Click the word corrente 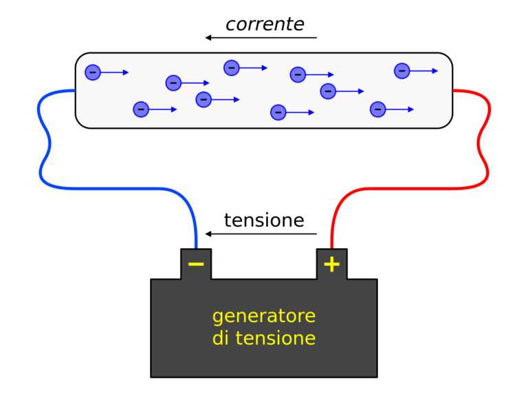coord(265,25)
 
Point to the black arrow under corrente coord(261,37)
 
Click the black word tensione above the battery coord(264,221)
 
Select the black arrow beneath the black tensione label coord(261,234)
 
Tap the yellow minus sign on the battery coord(196,264)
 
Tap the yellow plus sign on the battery coord(331,264)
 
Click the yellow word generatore coord(264,317)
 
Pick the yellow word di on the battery coord(221,337)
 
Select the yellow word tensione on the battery coord(276,338)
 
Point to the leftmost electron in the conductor coord(93,72)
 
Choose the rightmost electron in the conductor coord(401,71)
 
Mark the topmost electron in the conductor coord(231,68)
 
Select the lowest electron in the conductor coord(278,113)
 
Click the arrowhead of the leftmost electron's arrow coord(126,72)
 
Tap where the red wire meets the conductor coord(453,90)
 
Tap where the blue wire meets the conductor coord(75,90)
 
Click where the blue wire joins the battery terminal coord(196,249)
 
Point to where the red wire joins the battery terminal coord(331,249)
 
